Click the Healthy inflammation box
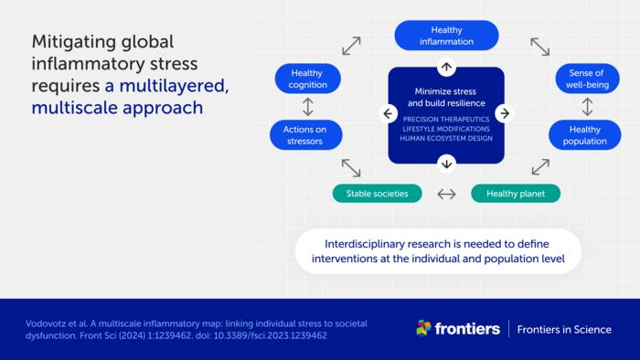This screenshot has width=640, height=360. pyautogui.click(x=446, y=35)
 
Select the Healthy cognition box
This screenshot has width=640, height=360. pyautogui.click(x=307, y=79)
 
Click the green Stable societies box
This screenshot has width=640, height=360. pyautogui.click(x=377, y=194)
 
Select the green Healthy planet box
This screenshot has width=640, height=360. pyautogui.click(x=515, y=194)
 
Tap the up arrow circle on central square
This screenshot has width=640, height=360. pyautogui.click(x=446, y=67)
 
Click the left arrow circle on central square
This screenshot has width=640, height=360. pyautogui.click(x=389, y=114)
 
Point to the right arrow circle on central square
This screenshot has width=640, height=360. pyautogui.click(x=504, y=114)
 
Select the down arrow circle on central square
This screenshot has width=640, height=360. pyautogui.click(x=446, y=164)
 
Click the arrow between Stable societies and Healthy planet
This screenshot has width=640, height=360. pyautogui.click(x=446, y=194)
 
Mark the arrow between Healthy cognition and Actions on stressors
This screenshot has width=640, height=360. pyautogui.click(x=307, y=107)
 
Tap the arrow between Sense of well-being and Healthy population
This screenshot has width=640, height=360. pyautogui.click(x=586, y=107)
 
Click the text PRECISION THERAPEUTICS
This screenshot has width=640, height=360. pyautogui.click(x=446, y=118)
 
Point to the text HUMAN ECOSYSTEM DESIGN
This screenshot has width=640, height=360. pyautogui.click(x=446, y=138)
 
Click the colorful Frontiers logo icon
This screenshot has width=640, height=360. pyautogui.click(x=423, y=328)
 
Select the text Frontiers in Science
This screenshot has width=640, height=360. pyautogui.click(x=564, y=329)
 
